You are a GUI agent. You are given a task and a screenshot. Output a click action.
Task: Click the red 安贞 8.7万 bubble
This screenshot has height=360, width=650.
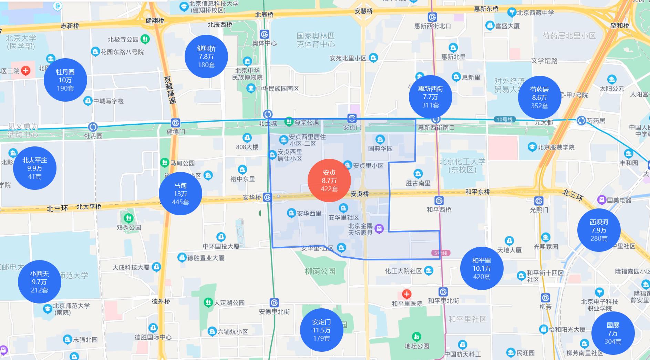click(329, 181)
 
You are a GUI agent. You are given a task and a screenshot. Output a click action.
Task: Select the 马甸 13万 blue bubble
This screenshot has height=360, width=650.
click(180, 194)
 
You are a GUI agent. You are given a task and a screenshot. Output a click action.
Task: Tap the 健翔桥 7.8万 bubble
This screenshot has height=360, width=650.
click(206, 56)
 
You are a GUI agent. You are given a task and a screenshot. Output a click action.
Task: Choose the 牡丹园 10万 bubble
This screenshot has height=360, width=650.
click(65, 80)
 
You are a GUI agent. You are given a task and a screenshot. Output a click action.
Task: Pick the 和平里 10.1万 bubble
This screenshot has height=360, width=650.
click(482, 268)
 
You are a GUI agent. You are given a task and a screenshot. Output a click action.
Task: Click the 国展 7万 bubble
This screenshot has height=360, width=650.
click(613, 333)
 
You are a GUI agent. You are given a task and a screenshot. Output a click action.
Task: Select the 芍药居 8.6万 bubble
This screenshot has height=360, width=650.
click(539, 97)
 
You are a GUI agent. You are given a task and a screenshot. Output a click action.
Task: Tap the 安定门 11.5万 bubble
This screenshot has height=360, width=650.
click(321, 330)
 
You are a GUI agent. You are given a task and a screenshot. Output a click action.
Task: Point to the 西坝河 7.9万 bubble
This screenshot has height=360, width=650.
click(599, 230)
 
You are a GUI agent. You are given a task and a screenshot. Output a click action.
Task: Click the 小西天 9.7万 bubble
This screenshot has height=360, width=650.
click(39, 282)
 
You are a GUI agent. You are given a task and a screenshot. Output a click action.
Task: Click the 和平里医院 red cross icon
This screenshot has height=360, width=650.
click(407, 294)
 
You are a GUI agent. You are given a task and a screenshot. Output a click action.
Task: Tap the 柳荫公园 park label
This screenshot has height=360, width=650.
click(320, 271)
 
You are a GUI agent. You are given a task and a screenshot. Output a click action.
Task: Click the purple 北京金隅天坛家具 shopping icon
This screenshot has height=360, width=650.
click(379, 229)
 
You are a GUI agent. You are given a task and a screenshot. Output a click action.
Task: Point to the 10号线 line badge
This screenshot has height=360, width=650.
click(504, 120)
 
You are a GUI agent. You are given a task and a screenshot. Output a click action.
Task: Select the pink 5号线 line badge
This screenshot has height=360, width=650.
click(441, 253)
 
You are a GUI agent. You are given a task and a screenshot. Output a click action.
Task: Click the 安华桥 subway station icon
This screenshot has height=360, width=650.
click(267, 197)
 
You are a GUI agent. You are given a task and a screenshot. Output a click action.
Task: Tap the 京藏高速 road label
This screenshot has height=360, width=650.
click(169, 90)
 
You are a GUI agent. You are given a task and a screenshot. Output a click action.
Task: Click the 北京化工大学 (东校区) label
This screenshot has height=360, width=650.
click(462, 165)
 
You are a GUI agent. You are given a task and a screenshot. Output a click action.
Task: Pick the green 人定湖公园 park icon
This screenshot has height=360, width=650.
click(208, 302)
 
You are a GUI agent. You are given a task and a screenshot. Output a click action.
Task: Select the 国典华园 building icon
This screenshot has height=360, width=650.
click(380, 140)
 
